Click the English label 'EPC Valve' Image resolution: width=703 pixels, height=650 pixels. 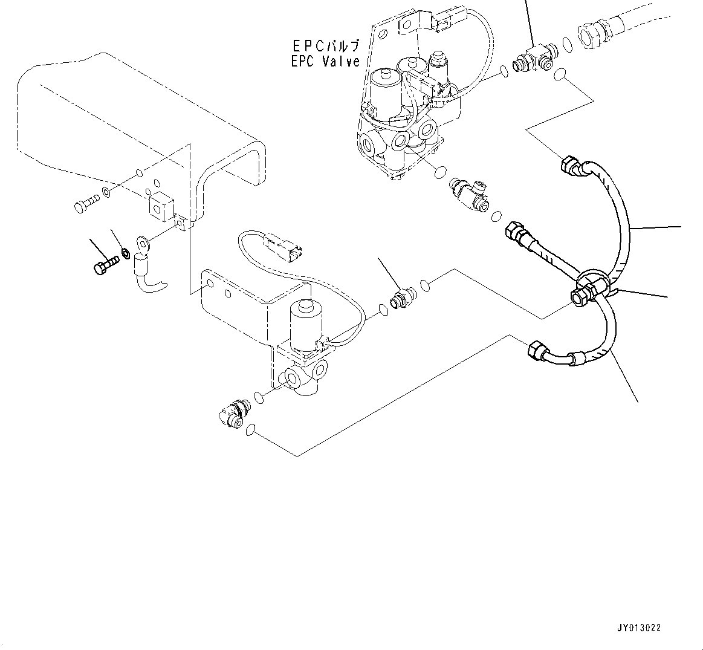pyautogui.click(x=324, y=62)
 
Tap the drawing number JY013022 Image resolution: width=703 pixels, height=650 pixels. pyautogui.click(x=640, y=628)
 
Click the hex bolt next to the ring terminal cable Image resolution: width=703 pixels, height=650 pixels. pyautogui.click(x=106, y=265)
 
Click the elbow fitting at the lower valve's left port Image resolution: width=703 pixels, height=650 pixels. pyautogui.click(x=230, y=414)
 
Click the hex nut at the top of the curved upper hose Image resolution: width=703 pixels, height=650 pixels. pyautogui.click(x=571, y=164)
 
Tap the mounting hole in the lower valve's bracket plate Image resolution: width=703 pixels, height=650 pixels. pyautogui.click(x=209, y=283)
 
